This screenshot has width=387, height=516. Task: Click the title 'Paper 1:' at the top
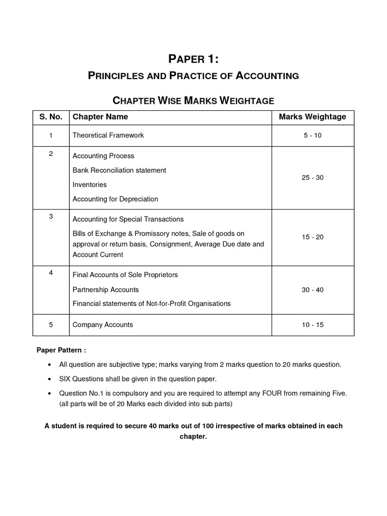(x=193, y=59)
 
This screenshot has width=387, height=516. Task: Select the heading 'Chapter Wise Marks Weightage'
(x=193, y=100)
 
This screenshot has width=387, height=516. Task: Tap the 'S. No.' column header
(x=51, y=117)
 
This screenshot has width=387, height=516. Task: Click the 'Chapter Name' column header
(x=100, y=117)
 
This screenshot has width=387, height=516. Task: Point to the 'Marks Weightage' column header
(x=312, y=117)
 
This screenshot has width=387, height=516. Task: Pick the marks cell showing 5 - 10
(x=312, y=135)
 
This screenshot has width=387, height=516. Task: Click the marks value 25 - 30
(x=312, y=178)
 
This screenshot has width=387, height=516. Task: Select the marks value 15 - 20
(x=312, y=237)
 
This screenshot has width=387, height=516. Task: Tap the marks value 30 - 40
(x=312, y=290)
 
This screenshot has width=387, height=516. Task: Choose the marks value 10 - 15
(x=312, y=325)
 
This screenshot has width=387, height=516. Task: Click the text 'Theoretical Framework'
(x=108, y=135)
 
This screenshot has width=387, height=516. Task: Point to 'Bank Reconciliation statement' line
(x=119, y=170)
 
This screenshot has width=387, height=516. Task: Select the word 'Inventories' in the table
(x=90, y=185)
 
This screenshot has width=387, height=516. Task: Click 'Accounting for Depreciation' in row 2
(x=115, y=199)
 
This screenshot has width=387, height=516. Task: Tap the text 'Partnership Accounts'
(x=106, y=290)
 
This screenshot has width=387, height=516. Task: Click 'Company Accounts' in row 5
(x=103, y=325)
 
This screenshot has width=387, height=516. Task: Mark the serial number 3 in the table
(x=51, y=216)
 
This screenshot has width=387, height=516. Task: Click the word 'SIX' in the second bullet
(x=67, y=378)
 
